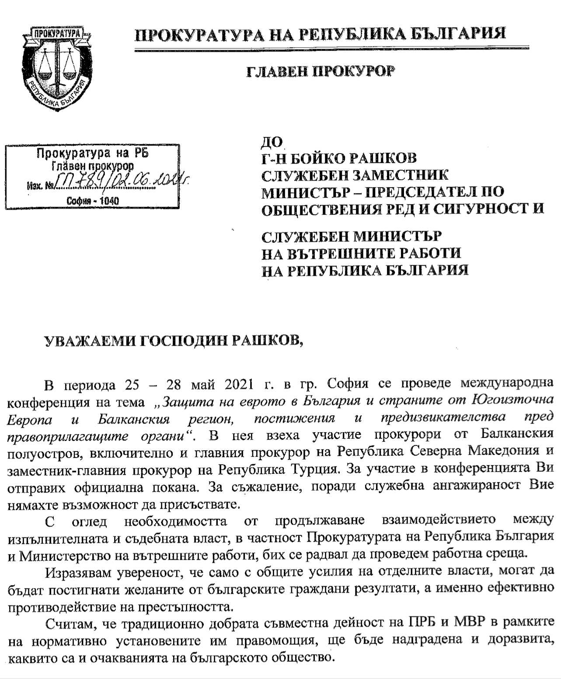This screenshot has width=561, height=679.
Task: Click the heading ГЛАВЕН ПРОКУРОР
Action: click(x=320, y=71)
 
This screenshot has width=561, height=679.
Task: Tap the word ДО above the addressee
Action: click(x=272, y=142)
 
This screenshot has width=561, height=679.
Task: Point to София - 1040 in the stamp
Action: click(x=93, y=201)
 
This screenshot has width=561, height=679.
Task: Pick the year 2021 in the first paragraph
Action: click(x=239, y=385)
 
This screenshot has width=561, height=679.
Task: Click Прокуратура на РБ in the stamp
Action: click(x=93, y=153)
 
